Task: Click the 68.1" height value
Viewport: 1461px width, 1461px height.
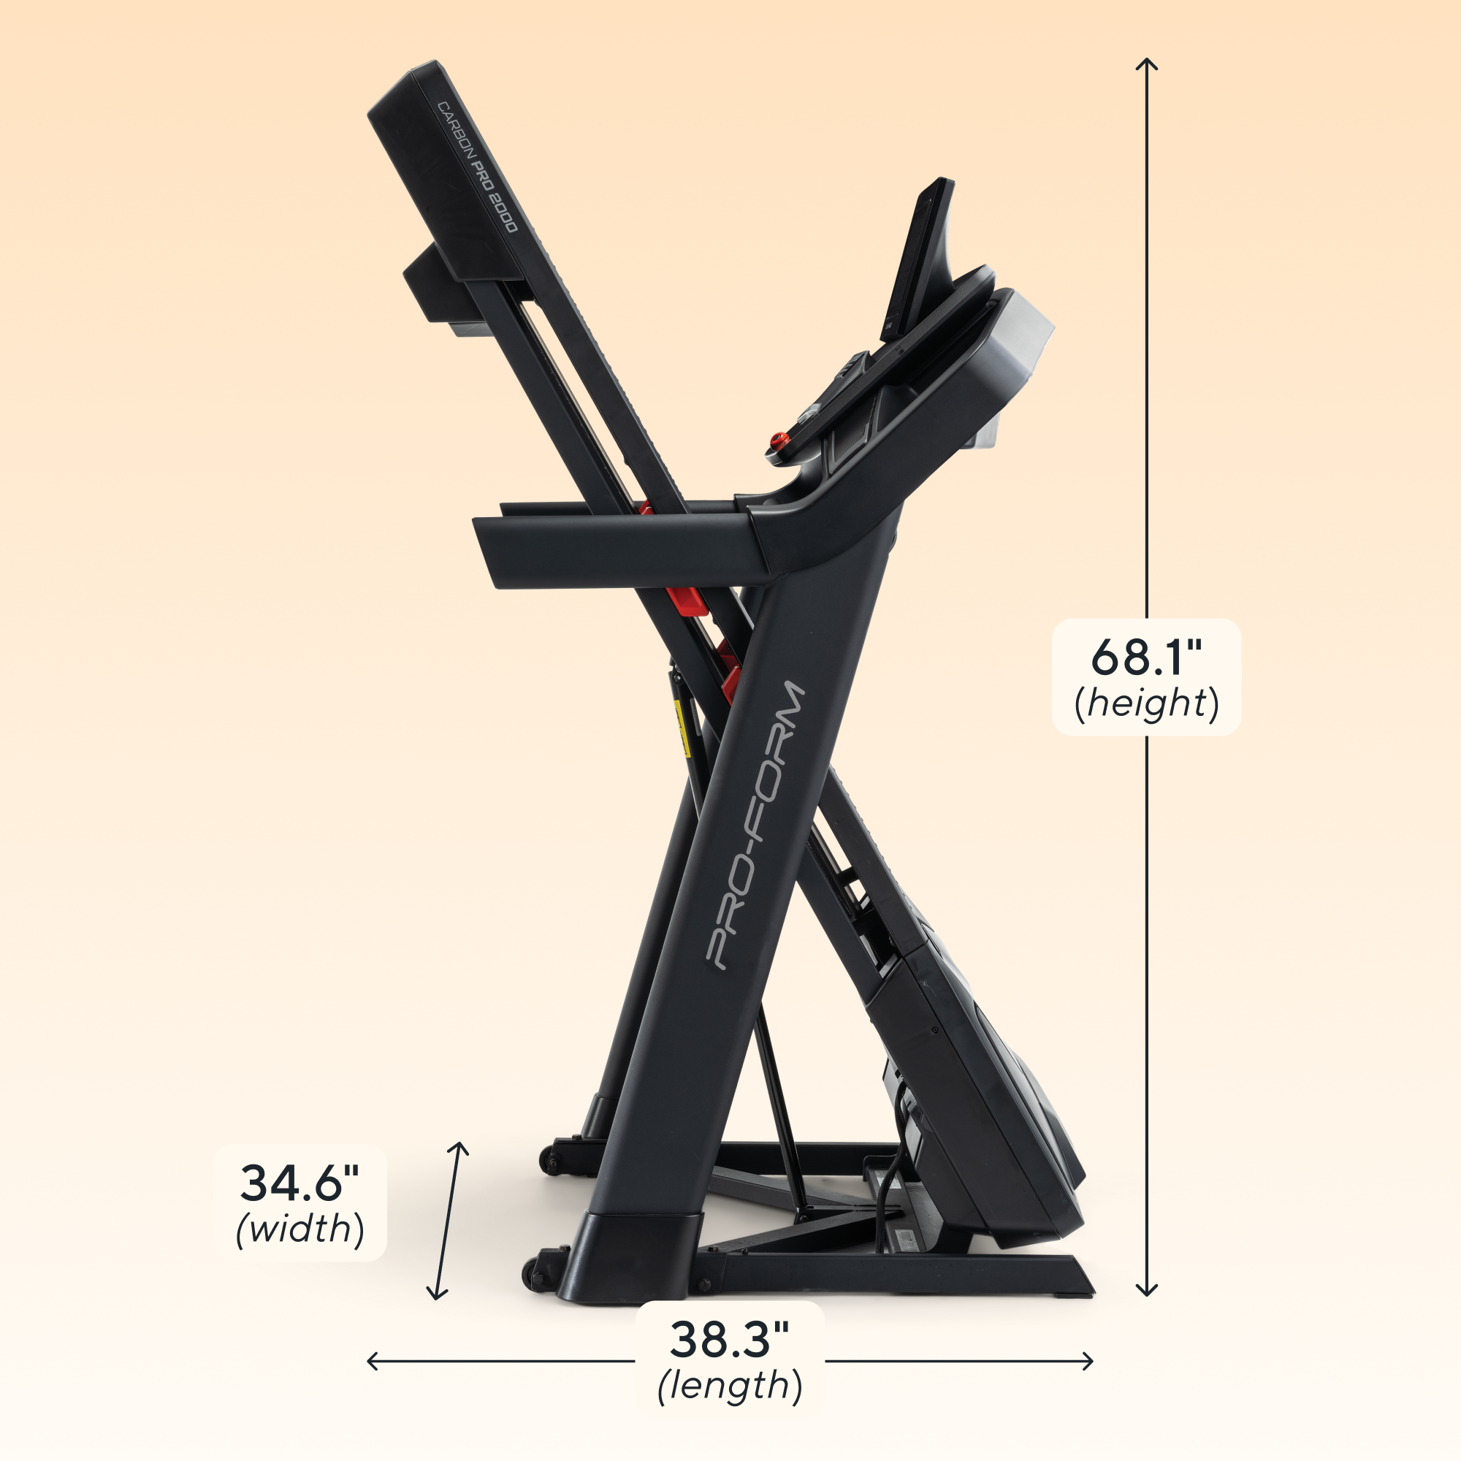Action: tap(1145, 657)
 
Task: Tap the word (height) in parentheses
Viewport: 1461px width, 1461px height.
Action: tap(1146, 704)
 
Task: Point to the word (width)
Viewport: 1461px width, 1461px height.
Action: tap(300, 1229)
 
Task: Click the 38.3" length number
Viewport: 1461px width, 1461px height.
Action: tap(729, 1339)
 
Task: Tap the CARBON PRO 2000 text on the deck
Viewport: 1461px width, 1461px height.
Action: tap(478, 167)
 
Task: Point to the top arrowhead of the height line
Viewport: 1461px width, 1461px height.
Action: tap(1147, 62)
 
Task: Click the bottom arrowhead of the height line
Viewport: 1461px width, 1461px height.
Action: tap(1147, 1292)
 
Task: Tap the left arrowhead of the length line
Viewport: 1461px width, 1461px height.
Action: tap(370, 1361)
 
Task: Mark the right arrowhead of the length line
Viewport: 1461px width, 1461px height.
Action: tap(1090, 1361)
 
